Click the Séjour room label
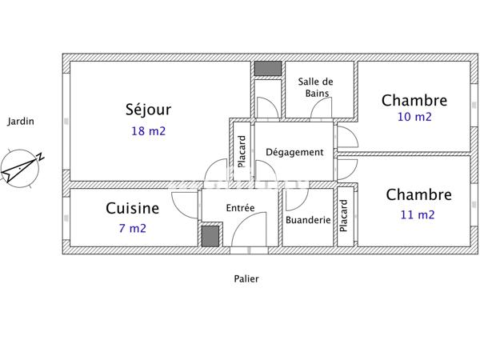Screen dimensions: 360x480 (x=148, y=110)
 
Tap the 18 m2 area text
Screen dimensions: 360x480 (x=148, y=131)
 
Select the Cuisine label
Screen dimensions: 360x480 (x=132, y=209)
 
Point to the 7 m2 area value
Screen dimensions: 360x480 (x=132, y=229)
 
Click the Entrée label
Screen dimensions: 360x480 (x=240, y=208)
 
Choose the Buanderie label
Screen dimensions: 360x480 (x=308, y=220)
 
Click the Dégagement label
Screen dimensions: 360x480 (x=294, y=153)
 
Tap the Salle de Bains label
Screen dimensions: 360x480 (x=316, y=87)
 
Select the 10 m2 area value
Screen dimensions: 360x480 (x=414, y=117)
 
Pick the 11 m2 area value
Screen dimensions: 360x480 (x=418, y=214)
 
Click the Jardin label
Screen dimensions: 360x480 (x=21, y=122)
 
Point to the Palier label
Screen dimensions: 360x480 (x=246, y=279)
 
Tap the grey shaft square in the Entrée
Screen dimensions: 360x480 (x=210, y=236)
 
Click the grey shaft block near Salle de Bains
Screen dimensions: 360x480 (x=267, y=69)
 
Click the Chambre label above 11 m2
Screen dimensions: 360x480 (x=418, y=194)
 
